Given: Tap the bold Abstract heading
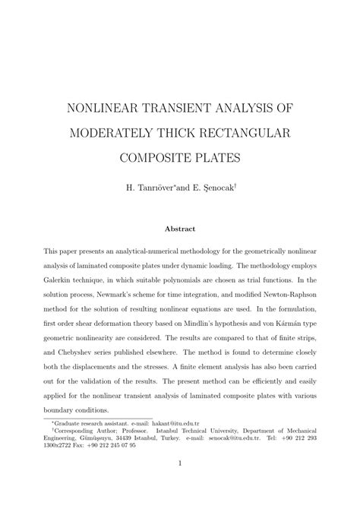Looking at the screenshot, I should (180, 227).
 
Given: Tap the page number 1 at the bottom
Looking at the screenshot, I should (180, 483).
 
